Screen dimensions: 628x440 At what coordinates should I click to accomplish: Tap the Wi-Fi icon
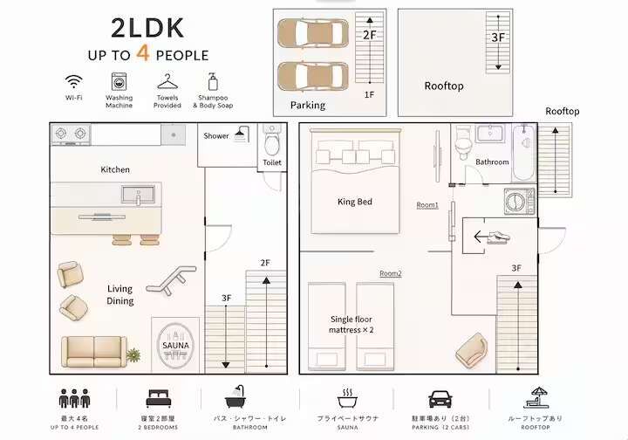click(x=73, y=82)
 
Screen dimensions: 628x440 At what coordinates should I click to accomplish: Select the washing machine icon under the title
click(x=119, y=81)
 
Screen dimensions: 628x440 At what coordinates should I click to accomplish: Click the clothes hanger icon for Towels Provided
click(x=167, y=82)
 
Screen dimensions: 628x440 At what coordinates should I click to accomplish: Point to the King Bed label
click(x=355, y=202)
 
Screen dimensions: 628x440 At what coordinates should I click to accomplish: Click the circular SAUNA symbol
click(x=175, y=346)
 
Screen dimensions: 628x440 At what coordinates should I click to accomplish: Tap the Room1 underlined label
click(x=427, y=205)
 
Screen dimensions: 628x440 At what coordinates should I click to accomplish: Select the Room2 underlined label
click(x=391, y=274)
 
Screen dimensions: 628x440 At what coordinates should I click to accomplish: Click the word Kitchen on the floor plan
click(x=115, y=169)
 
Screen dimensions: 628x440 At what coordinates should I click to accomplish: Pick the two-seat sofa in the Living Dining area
click(x=94, y=352)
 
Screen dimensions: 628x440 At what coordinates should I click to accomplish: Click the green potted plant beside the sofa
click(x=133, y=354)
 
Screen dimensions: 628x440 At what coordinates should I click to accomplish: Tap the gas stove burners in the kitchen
click(x=71, y=134)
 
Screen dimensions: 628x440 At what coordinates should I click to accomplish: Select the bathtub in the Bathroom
click(x=524, y=153)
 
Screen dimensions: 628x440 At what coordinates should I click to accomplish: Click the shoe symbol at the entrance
click(x=499, y=237)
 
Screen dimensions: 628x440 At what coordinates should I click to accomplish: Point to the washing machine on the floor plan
click(x=519, y=201)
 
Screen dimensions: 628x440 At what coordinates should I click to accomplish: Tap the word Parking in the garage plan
click(x=308, y=106)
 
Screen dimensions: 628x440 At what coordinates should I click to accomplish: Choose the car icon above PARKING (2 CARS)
click(x=440, y=399)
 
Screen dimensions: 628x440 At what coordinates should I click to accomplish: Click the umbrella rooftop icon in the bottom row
click(x=536, y=397)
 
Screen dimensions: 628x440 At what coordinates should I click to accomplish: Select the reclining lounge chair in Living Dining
click(x=172, y=279)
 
